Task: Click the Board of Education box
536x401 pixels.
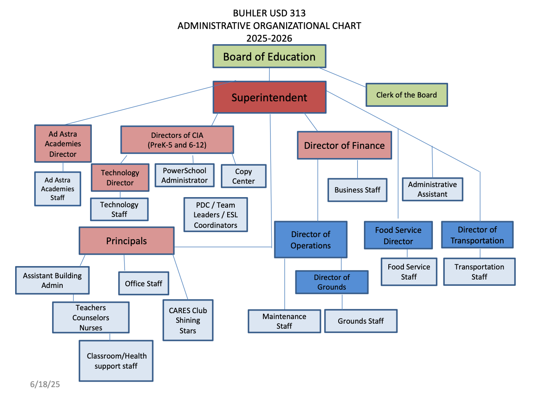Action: [x=269, y=56]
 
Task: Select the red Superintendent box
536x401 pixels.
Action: [x=269, y=98]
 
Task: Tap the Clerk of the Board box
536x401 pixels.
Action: [x=406, y=95]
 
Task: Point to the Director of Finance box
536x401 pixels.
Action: [x=344, y=145]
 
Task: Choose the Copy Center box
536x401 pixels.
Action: [x=244, y=176]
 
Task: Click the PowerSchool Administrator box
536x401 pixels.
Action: [x=184, y=175]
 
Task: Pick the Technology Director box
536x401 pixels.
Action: [x=120, y=178]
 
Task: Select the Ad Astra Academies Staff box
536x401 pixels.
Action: [x=58, y=189]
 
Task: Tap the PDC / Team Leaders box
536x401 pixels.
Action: [x=215, y=215]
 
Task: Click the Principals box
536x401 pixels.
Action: [x=126, y=241]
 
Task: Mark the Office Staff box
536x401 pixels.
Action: [x=143, y=283]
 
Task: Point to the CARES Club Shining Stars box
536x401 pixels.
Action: [x=188, y=320]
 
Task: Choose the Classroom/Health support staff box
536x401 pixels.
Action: [x=116, y=361]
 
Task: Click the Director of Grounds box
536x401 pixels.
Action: [x=332, y=282]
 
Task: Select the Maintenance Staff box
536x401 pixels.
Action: [x=284, y=321]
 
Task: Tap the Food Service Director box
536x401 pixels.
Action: [x=398, y=235]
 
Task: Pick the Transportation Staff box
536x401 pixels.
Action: [x=479, y=272]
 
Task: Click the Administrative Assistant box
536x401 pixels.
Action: [x=432, y=189]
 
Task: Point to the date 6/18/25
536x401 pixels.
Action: [x=45, y=384]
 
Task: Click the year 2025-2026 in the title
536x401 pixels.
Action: [x=269, y=38]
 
